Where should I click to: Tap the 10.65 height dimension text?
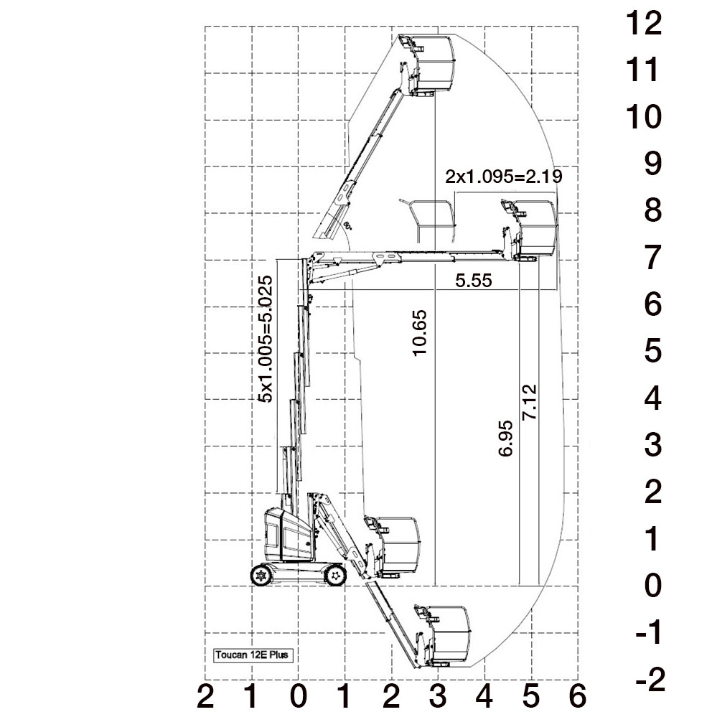click(420, 333)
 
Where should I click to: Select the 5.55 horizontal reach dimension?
click(474, 281)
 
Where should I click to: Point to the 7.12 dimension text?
click(530, 402)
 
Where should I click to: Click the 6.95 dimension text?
click(505, 439)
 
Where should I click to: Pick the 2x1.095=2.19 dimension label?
click(504, 176)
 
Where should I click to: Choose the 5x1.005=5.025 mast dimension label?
click(266, 339)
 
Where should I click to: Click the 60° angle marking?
click(348, 225)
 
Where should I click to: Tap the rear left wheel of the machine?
click(261, 576)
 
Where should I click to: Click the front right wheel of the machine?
click(335, 576)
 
